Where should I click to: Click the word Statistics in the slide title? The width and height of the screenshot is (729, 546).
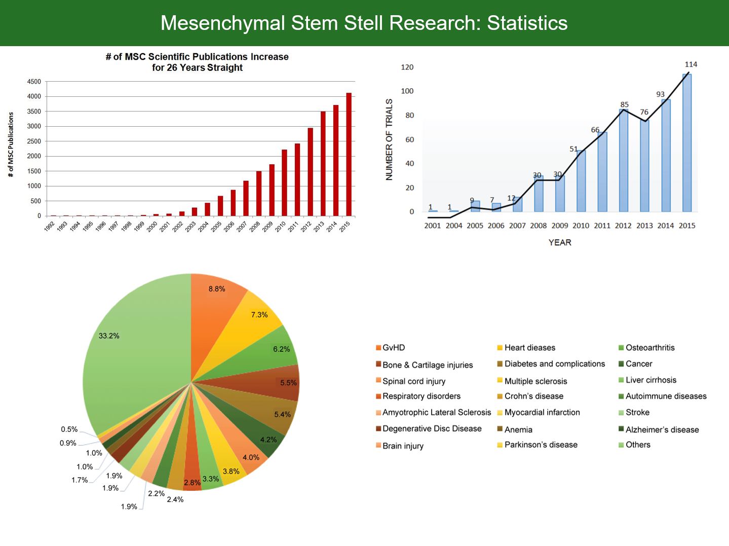tap(527, 23)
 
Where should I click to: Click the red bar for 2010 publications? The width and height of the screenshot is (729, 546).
tap(284, 183)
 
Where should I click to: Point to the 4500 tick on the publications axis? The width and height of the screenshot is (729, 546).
tap(34, 82)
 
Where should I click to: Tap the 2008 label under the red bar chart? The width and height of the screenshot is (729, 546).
tap(255, 226)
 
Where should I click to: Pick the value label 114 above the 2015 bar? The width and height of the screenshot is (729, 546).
tap(690, 64)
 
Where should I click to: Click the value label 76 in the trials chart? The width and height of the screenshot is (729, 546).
tap(644, 112)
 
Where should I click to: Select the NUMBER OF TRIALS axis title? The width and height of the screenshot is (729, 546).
tap(389, 139)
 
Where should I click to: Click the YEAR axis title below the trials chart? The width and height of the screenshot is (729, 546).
tap(560, 242)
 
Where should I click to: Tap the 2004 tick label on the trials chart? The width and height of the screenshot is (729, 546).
tap(454, 226)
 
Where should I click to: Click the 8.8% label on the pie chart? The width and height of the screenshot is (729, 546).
tap(217, 289)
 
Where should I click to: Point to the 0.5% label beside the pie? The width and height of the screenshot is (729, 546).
tap(69, 429)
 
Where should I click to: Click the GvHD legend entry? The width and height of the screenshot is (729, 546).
tap(393, 348)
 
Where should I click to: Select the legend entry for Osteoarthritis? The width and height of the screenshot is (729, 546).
tap(649, 348)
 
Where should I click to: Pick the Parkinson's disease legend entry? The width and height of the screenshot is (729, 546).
tap(541, 445)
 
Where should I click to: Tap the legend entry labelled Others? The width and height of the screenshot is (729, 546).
tap(637, 445)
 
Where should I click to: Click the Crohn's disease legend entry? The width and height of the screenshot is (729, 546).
tap(533, 396)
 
